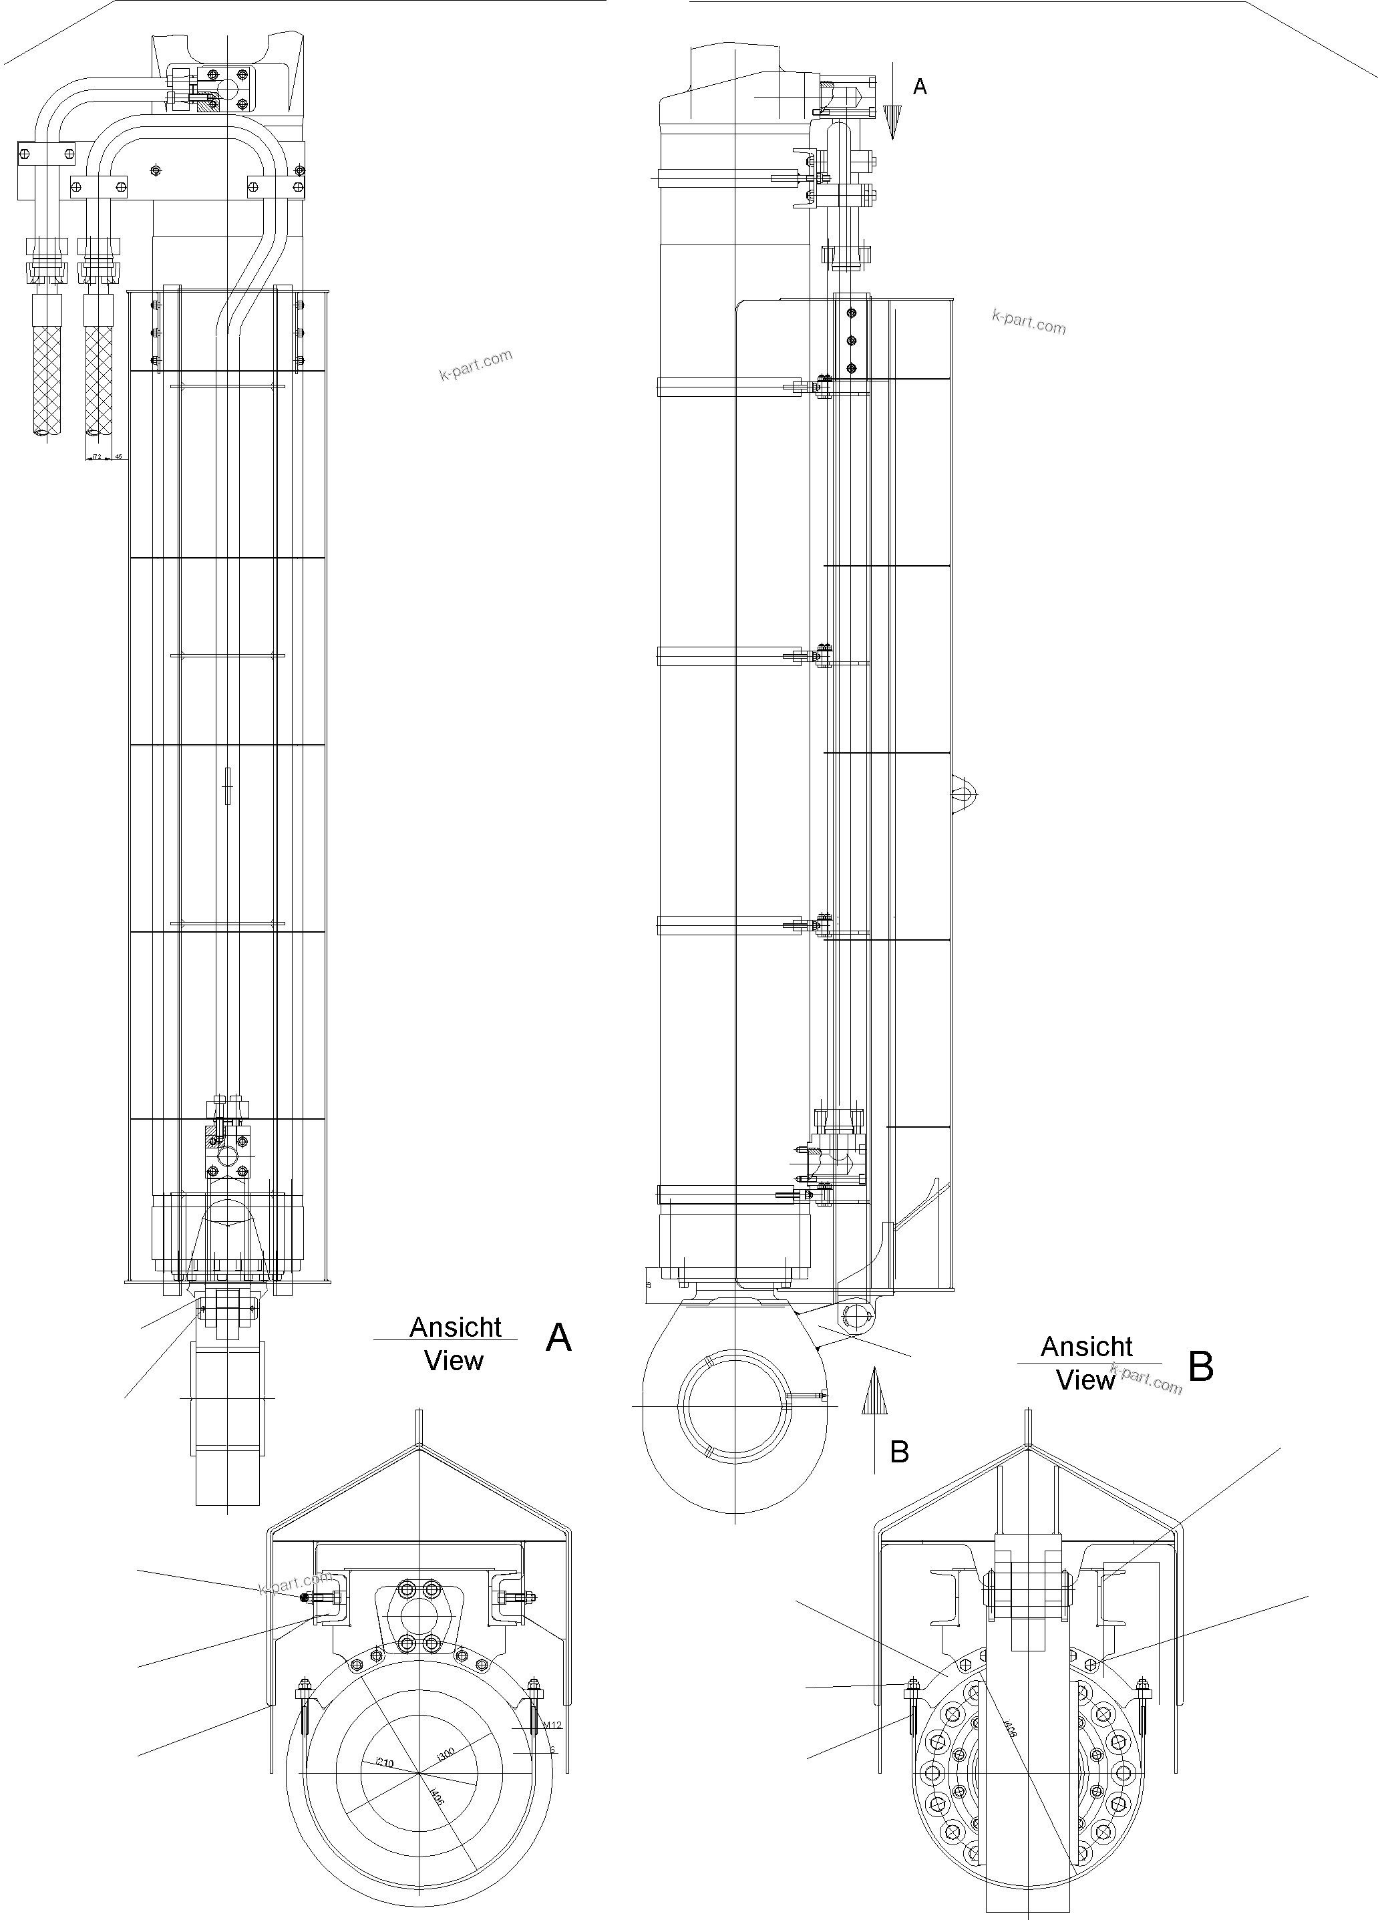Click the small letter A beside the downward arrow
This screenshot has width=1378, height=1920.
click(x=920, y=86)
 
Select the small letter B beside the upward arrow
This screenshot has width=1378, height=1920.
click(x=899, y=1451)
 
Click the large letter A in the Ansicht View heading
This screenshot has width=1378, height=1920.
click(x=558, y=1338)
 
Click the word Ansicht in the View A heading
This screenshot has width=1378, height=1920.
click(x=456, y=1327)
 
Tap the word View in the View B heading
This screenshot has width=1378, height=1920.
click(x=1086, y=1380)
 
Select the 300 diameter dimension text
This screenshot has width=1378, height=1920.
click(x=446, y=1756)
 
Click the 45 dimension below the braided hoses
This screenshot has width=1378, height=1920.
click(x=118, y=456)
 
